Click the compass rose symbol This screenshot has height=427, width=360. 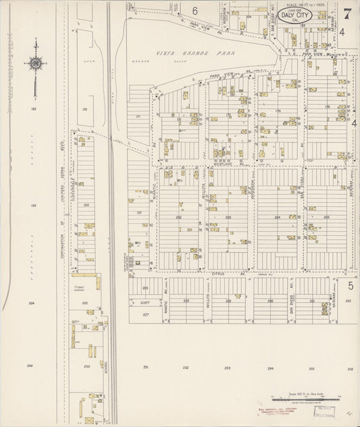[35, 64]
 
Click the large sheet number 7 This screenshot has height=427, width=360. [346, 13]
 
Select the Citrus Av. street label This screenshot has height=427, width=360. [217, 274]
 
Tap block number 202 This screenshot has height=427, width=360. [179, 218]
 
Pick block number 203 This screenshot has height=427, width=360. [228, 218]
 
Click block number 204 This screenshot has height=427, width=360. [278, 218]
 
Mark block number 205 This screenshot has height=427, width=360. [327, 218]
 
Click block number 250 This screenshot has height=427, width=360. [87, 367]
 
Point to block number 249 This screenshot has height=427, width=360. [30, 366]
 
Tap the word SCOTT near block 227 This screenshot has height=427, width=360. [144, 303]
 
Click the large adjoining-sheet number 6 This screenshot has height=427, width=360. [195, 11]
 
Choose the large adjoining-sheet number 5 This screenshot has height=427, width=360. [351, 286]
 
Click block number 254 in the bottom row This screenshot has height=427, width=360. [270, 368]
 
